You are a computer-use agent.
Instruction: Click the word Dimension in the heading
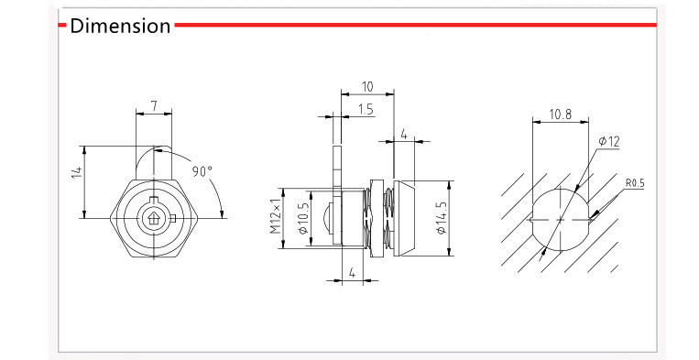tap(121, 26)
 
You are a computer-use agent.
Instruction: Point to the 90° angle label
tap(202, 171)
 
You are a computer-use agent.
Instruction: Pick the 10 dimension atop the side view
tap(366, 87)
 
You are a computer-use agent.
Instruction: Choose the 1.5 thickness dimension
tap(366, 110)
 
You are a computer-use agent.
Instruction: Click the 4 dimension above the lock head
tap(403, 134)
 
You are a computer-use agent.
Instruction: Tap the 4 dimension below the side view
tap(352, 273)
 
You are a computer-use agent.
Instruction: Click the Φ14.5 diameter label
tap(441, 218)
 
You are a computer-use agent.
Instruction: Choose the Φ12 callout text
tap(609, 141)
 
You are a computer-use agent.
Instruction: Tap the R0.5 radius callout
tap(635, 183)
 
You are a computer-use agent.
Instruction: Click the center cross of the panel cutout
tap(560, 218)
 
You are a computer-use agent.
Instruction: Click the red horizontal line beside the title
tap(412, 25)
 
